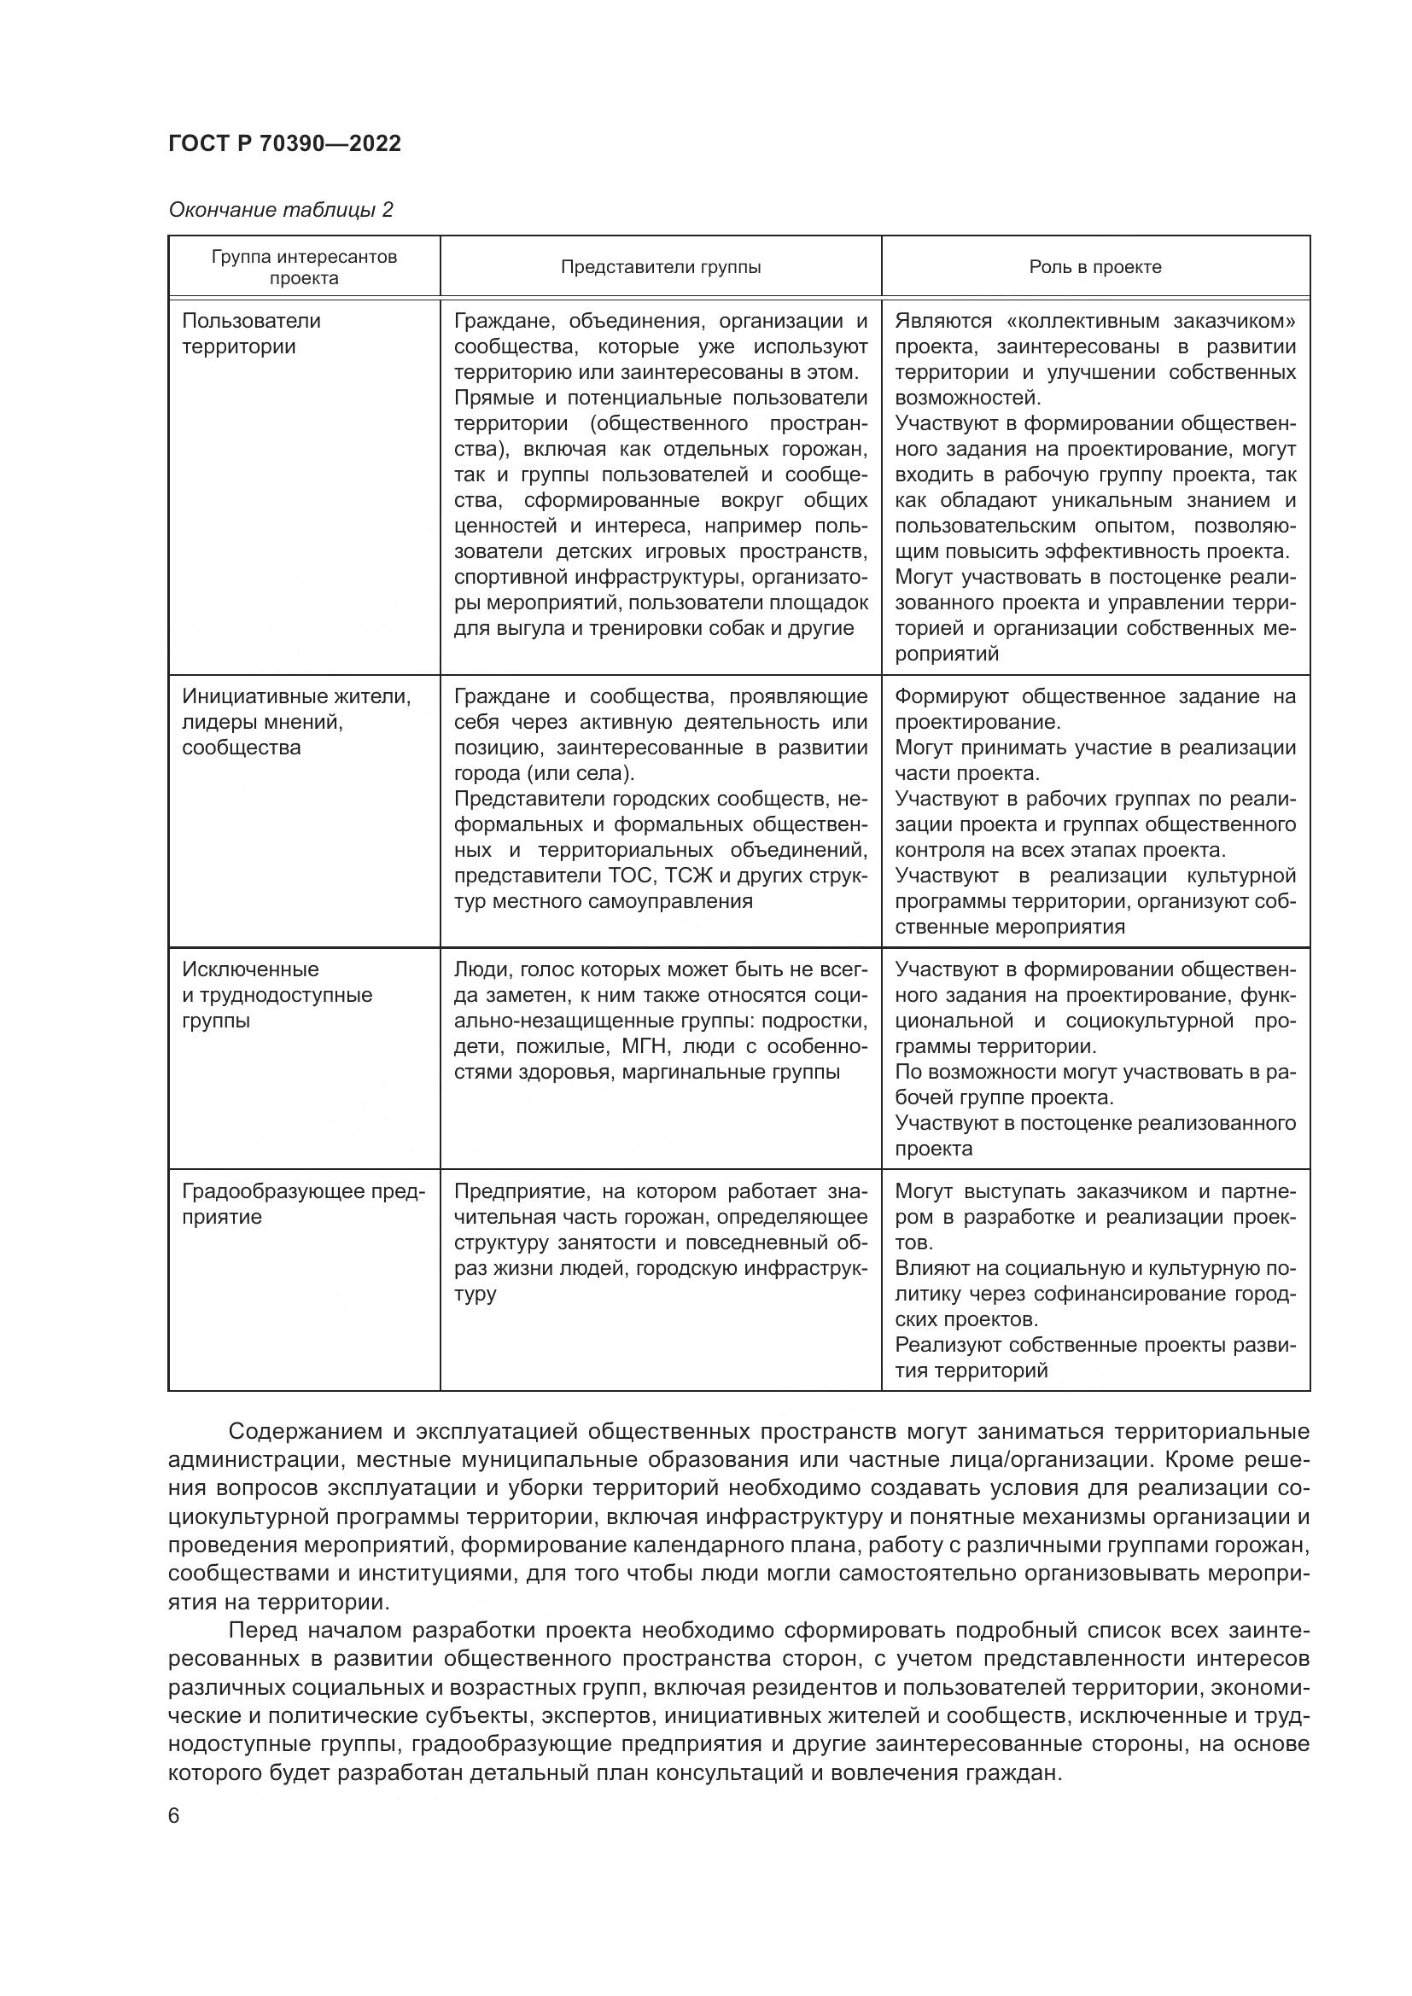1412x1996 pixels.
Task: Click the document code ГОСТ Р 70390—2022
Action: point(284,143)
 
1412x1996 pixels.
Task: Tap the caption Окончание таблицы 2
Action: point(280,210)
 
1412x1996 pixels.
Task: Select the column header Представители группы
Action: point(660,267)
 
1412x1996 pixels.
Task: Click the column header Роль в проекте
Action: point(1094,267)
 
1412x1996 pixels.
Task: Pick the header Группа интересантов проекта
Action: point(303,267)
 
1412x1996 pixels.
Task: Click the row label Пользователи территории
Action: point(251,333)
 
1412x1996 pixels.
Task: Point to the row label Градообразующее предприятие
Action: point(302,1203)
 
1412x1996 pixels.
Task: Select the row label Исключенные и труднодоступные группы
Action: point(277,994)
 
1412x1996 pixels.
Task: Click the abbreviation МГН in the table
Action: point(644,1046)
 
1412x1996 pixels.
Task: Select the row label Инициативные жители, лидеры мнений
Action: point(295,709)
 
